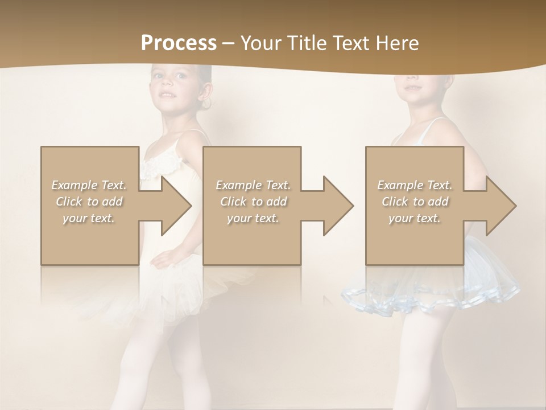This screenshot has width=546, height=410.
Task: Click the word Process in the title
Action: coord(179,43)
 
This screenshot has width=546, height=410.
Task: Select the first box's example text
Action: coord(89,202)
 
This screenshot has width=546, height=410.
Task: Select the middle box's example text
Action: coord(253,202)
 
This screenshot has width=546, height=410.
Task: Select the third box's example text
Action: coord(415,202)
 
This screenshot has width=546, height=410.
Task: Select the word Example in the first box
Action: coord(74,185)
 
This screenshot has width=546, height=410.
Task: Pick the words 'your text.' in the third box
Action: coord(415,218)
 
